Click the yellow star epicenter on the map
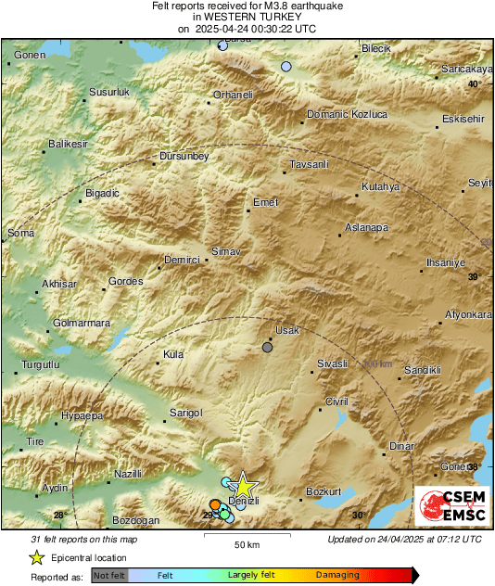click(242, 485)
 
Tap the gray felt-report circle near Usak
click(268, 348)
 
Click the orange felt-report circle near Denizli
click(215, 504)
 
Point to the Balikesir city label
click(67, 145)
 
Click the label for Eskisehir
click(463, 120)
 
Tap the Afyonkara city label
click(468, 314)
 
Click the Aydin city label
click(56, 488)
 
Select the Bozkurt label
click(324, 490)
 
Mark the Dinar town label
click(400, 446)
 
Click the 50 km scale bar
click(246, 536)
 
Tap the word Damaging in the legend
click(337, 576)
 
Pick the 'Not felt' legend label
click(109, 576)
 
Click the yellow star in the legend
click(37, 557)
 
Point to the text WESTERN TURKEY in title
click(247, 17)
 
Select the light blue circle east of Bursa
click(286, 67)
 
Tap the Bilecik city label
click(377, 47)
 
